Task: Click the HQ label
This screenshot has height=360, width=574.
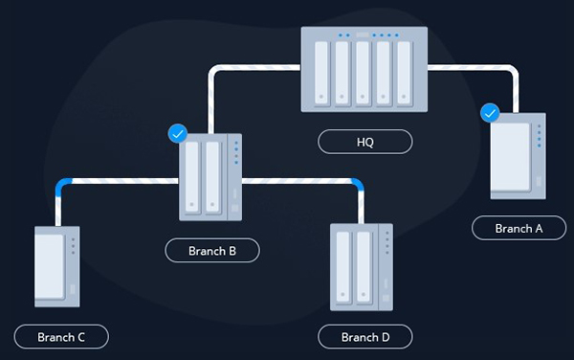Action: [365, 142]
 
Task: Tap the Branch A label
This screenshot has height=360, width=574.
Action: [519, 228]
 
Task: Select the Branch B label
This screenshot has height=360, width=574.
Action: [212, 251]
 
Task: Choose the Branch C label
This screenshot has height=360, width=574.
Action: [61, 337]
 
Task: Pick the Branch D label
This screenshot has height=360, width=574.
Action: [365, 337]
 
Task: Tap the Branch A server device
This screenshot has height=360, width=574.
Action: [518, 157]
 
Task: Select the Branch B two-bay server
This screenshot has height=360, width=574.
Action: [211, 176]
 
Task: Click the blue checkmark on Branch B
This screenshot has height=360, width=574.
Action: [177, 133]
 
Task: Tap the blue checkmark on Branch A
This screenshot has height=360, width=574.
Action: [490, 114]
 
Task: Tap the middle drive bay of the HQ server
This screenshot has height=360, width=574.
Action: [364, 76]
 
